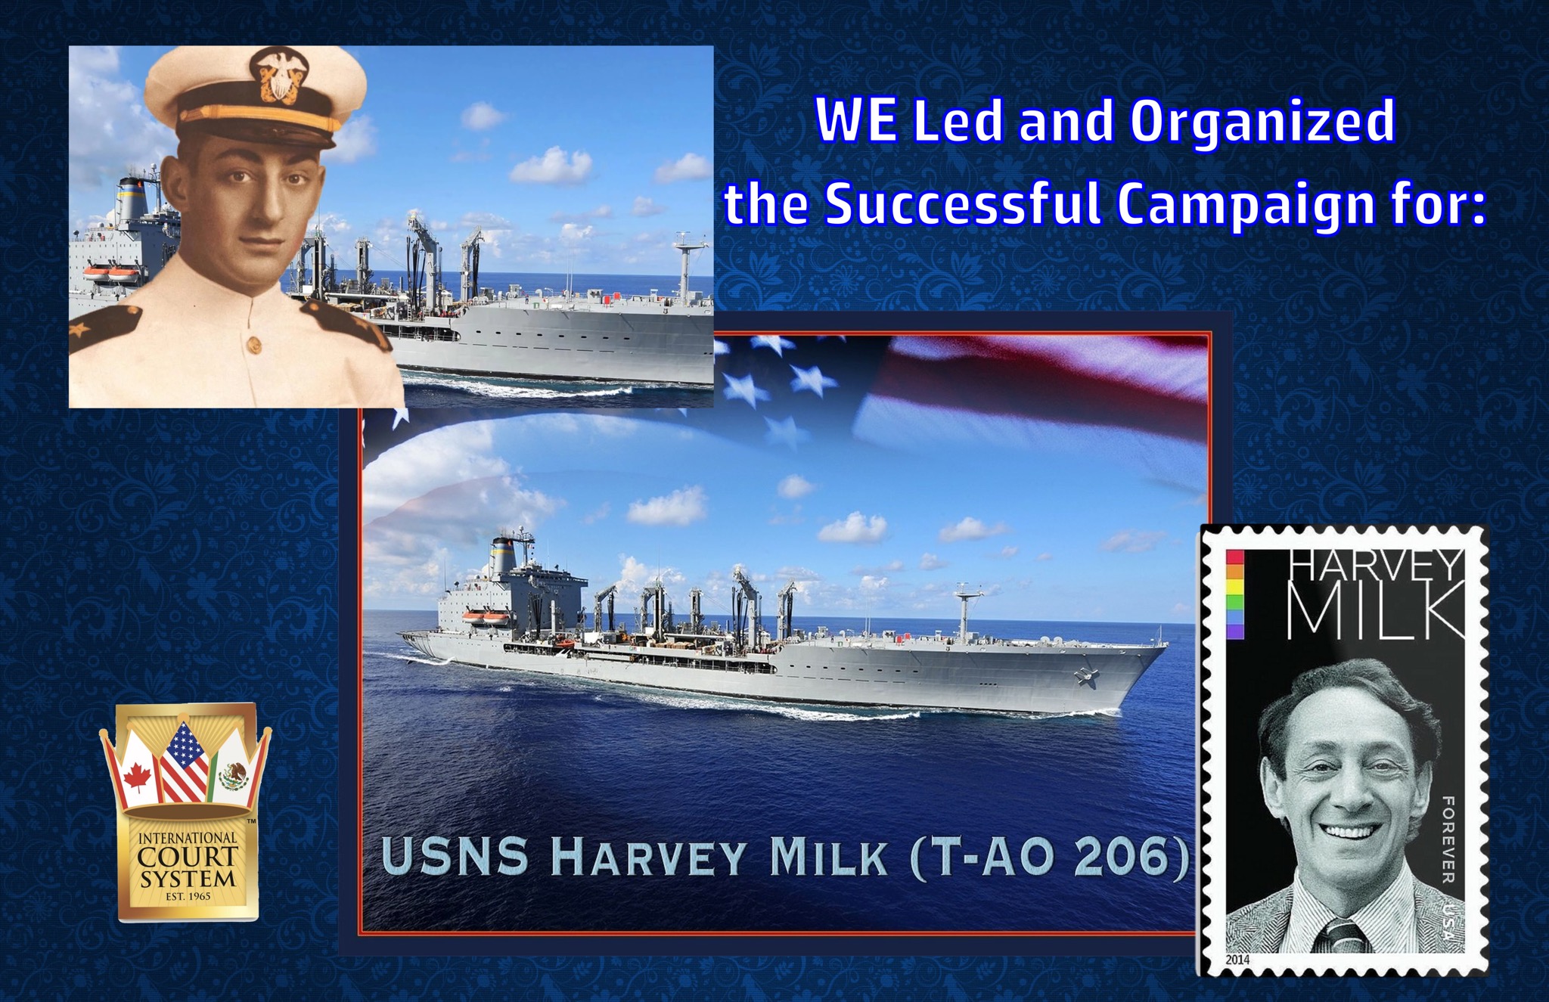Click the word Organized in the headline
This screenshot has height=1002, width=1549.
(x=1262, y=122)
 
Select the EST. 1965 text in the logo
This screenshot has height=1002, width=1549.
(x=188, y=897)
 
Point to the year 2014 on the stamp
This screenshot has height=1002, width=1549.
(x=1237, y=960)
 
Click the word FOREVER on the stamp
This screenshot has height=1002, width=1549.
(x=1448, y=839)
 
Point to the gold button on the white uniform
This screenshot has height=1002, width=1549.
(x=252, y=344)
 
